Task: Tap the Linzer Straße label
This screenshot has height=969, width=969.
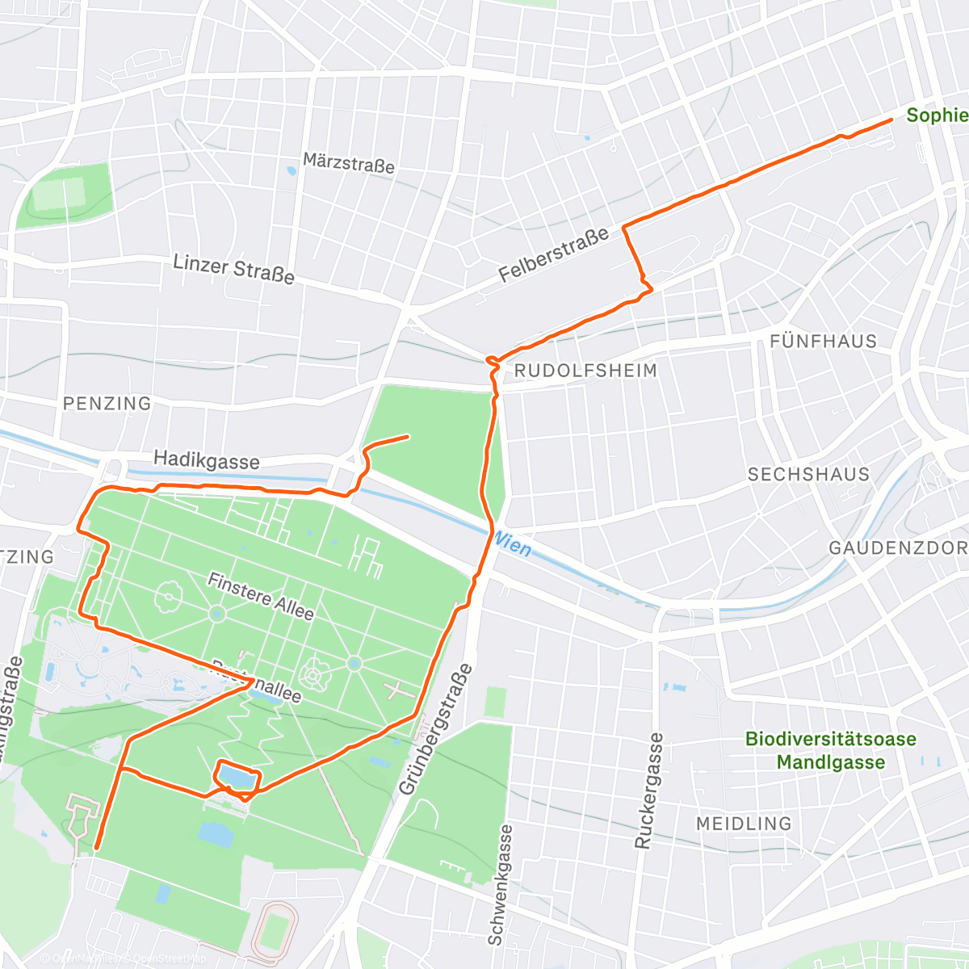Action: point(233,268)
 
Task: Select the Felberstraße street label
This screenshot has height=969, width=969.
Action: point(553,255)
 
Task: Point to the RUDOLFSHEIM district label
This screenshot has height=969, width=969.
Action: point(585,371)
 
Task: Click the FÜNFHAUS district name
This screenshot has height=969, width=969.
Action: point(823,341)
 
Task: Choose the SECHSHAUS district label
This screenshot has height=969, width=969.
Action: point(808,474)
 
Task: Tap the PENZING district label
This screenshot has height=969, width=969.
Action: point(107,403)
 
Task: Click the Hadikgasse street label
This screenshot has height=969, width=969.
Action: point(207,460)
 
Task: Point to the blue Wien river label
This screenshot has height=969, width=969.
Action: point(513,545)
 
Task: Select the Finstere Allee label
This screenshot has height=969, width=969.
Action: point(260,596)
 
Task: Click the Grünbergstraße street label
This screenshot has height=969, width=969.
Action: point(434,729)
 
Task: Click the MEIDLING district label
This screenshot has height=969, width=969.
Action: point(744,824)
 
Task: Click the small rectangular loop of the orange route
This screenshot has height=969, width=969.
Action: point(237,778)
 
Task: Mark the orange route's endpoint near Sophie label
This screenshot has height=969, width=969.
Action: point(891,120)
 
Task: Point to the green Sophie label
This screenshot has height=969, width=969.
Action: point(937,115)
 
